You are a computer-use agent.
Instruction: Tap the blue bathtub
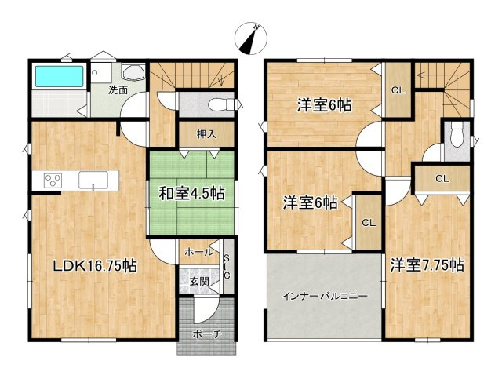[59, 77]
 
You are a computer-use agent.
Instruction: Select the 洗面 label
[119, 90]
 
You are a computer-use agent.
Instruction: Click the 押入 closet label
[206, 133]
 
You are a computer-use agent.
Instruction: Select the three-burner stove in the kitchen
[53, 180]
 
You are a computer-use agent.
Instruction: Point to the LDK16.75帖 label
[94, 266]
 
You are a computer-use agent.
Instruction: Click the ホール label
[198, 253]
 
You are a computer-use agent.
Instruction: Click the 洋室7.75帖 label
[427, 264]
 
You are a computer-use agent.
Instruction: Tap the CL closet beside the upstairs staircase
[398, 90]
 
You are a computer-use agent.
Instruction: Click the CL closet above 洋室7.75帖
[442, 179]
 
